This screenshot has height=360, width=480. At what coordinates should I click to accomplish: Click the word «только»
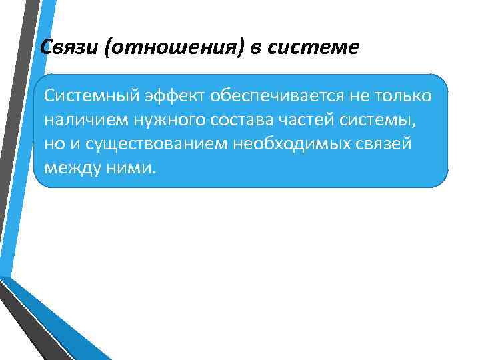point(406,96)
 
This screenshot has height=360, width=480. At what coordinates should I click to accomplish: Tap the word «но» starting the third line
point(54,143)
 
